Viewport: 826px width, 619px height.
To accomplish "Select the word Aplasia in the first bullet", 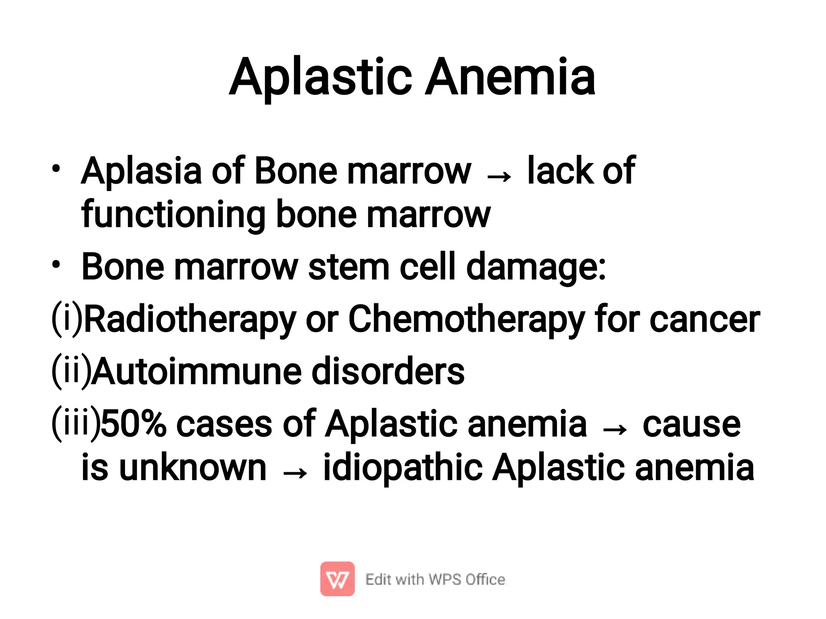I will click(141, 171).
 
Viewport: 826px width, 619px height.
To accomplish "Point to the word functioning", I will click(173, 215).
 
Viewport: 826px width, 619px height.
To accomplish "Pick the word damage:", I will click(536, 267).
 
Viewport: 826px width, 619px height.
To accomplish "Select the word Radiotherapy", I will click(190, 320).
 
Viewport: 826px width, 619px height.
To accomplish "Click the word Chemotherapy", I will click(466, 320).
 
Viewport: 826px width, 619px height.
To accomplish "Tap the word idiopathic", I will click(403, 469).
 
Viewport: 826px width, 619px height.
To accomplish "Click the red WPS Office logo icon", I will click(338, 579).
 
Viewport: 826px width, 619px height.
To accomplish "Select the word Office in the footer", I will click(485, 579).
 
